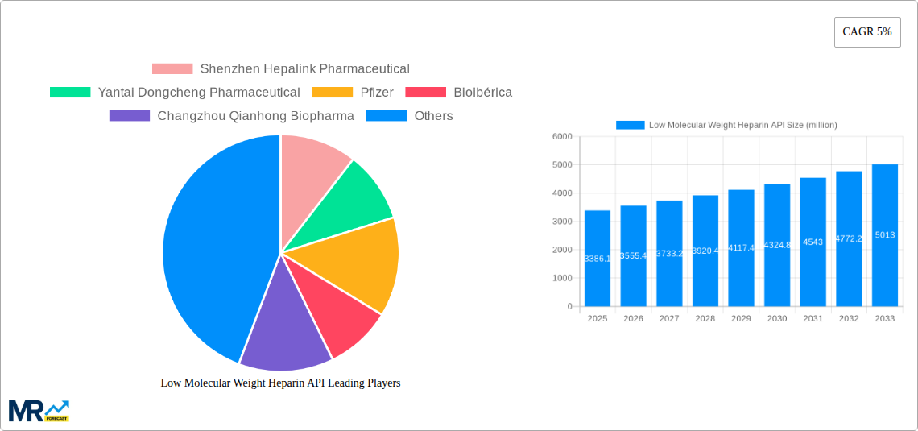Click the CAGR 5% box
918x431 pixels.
coord(866,32)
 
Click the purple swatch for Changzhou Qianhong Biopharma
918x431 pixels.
coord(129,116)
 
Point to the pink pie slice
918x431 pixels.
coord(310,173)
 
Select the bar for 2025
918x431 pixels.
coord(597,258)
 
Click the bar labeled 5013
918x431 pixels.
coord(884,235)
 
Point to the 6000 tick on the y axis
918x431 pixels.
coord(562,137)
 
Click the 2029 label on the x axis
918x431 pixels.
coord(741,319)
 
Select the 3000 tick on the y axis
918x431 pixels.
coord(562,222)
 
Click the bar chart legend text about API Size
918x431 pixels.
coord(742,125)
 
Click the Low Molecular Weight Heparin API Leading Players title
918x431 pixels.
coord(280,383)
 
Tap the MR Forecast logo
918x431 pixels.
coord(38,410)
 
